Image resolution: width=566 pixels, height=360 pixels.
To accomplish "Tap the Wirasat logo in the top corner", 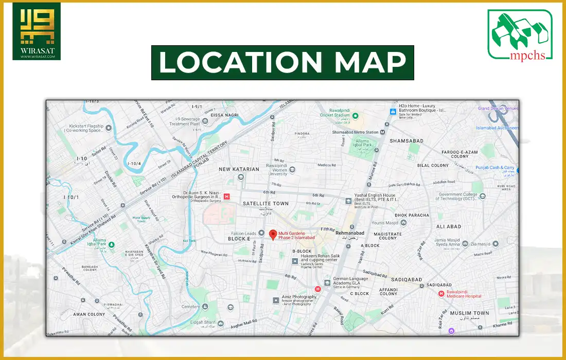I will click(36, 31).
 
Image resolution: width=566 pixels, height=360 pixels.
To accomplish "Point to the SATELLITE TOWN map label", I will click(266, 204).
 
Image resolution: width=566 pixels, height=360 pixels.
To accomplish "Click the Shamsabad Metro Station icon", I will click(382, 132).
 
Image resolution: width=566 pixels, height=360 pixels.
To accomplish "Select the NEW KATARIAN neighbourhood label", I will click(239, 169).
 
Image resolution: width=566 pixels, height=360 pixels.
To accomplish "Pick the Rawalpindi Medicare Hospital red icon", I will click(441, 294).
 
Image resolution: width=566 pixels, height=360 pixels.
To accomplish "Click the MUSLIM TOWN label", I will click(469, 313).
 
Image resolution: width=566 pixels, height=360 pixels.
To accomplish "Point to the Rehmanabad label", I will click(349, 233).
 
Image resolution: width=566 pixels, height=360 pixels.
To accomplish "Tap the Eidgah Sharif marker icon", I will click(220, 324).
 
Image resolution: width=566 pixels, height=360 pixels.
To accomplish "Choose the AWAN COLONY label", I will click(89, 314).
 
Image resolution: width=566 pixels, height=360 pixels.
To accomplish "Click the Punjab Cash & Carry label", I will click(494, 168).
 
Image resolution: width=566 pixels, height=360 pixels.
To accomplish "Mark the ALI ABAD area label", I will click(448, 226).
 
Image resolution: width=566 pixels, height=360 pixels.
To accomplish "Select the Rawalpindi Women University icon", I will click(292, 169).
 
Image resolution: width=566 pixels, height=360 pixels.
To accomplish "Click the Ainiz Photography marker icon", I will click(276, 299).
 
